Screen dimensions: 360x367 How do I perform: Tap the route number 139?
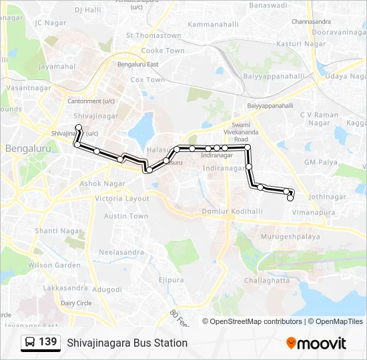coord(47,342)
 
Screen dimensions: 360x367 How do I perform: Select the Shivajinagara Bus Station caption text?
coord(127,343)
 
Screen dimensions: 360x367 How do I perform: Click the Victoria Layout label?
coord(122,199)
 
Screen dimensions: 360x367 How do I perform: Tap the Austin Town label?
coord(125,216)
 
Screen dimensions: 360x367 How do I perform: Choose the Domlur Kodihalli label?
coord(232,211)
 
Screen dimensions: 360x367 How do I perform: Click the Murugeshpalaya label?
coord(290,237)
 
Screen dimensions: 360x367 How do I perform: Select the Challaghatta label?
coord(267,281)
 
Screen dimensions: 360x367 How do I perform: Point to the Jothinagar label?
coord(328,197)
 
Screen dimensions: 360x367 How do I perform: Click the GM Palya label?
coord(320,162)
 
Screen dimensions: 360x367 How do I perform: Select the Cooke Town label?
coord(163,51)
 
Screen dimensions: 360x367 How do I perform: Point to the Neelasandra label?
coord(121,253)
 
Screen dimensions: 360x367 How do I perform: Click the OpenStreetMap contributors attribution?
coord(256,321)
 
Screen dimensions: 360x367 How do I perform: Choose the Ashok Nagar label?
coord(103,183)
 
